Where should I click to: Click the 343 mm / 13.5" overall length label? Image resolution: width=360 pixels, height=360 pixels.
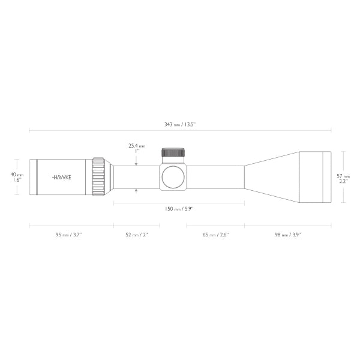point(179,124)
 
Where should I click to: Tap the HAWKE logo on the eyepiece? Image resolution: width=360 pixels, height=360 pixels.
point(61,177)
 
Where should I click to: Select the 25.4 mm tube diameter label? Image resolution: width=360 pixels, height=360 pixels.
point(137,145)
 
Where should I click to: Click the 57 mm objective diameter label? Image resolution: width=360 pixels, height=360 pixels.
point(343,176)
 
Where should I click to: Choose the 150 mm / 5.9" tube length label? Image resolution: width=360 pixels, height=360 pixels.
point(178,209)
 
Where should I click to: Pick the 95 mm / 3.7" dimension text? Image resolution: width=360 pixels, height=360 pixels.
point(68,235)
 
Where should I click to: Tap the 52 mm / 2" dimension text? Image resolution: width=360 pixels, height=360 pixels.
point(136,235)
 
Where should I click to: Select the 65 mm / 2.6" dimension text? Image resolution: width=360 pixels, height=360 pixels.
point(215,235)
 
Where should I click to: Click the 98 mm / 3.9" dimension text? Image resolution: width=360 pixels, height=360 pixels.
point(287,235)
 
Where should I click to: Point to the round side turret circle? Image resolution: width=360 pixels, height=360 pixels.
point(173,177)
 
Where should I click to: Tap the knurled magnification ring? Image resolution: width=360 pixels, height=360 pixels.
point(98,177)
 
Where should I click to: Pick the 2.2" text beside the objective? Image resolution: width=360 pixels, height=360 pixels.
point(343,181)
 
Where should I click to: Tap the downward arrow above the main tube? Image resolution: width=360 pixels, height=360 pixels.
point(137,162)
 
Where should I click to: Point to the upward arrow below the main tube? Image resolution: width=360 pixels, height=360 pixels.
point(137,191)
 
